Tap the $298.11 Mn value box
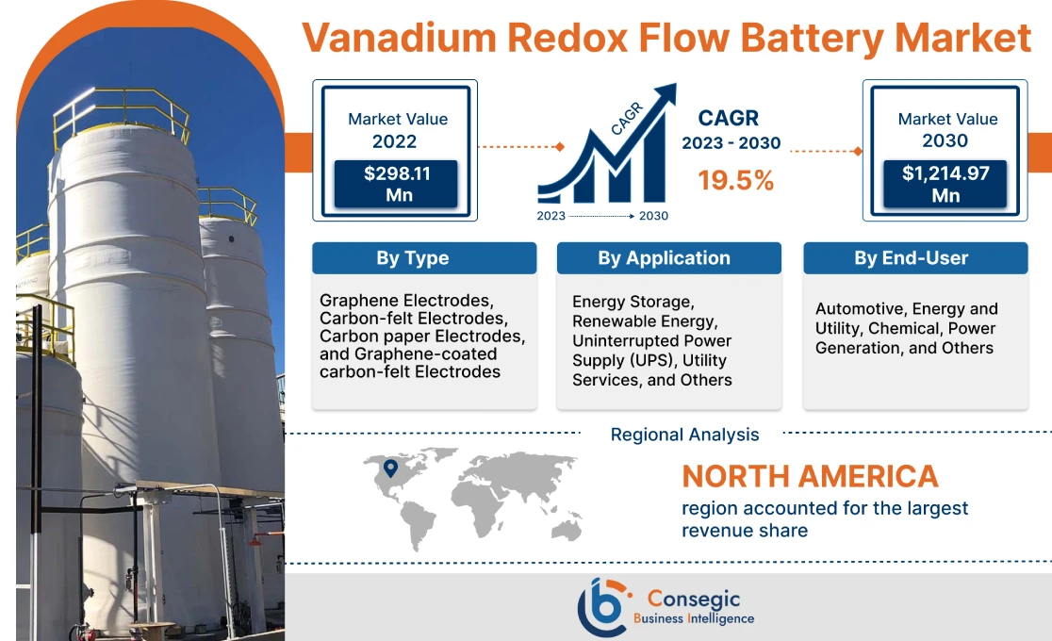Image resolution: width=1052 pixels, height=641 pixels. pyautogui.click(x=396, y=184)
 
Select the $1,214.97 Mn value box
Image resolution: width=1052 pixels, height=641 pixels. pyautogui.click(x=945, y=184)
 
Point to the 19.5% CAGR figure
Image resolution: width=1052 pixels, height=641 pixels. pyautogui.click(x=736, y=181)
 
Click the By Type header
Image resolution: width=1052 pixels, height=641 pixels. pyautogui.click(x=424, y=258)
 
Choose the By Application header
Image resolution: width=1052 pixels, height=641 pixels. pyautogui.click(x=669, y=258)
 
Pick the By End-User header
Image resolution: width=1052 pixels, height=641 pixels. pyautogui.click(x=915, y=258)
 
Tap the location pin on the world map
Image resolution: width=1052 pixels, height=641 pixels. pyautogui.click(x=390, y=468)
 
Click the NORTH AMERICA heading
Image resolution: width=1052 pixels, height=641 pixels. pyautogui.click(x=810, y=476)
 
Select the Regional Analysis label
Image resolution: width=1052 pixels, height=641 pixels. pyautogui.click(x=684, y=435)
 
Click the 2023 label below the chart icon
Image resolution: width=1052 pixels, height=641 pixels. pyautogui.click(x=552, y=216)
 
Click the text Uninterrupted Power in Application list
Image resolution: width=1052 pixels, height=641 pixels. pyautogui.click(x=651, y=340)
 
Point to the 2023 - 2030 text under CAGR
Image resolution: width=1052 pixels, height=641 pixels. pyautogui.click(x=731, y=143)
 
